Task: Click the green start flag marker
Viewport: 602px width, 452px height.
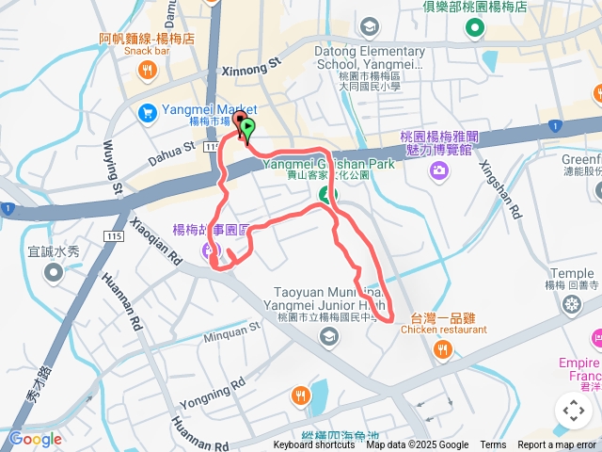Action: pos(247,127)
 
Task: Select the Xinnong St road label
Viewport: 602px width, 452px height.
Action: pos(251,67)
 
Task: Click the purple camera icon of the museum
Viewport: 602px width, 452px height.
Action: pos(438,170)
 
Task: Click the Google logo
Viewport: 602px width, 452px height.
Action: pos(35,439)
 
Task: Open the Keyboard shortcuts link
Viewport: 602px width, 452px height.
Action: pos(314,445)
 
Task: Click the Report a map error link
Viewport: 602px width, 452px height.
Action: pos(557,445)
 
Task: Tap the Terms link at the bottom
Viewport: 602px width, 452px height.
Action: pos(493,445)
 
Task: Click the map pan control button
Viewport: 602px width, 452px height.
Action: pos(573,411)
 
